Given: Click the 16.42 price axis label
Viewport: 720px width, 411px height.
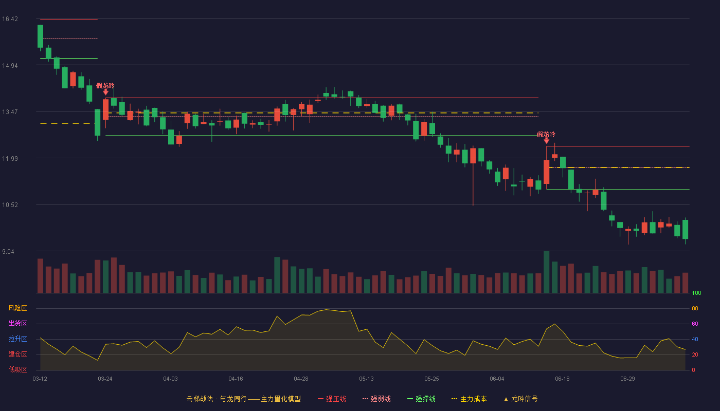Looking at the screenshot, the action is [10, 19].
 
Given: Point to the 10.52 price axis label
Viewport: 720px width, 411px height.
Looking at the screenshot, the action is [10, 205].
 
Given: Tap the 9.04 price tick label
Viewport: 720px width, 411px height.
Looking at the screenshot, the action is [8, 251].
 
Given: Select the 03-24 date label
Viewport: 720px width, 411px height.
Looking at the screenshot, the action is [105, 379].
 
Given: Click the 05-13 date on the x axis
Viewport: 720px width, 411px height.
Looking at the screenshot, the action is [366, 379].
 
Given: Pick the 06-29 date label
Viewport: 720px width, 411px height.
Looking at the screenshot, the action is [627, 379].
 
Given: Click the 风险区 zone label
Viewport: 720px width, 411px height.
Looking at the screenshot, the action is [17, 308].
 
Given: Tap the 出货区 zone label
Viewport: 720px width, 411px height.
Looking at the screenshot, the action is [17, 323].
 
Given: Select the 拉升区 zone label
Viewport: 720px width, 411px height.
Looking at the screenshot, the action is [17, 339].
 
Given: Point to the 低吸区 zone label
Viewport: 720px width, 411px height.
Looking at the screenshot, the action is [17, 369].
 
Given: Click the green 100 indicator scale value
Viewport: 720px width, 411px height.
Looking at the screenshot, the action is [696, 293].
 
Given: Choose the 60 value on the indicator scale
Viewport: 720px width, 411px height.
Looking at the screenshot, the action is [695, 324].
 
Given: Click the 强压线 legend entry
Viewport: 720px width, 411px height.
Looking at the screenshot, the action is [332, 399].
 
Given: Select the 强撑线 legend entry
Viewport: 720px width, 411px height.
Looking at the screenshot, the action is [421, 399].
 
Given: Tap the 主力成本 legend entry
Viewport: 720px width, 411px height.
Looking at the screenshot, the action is [469, 399].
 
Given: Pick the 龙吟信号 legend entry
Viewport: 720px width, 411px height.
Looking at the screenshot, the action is [520, 399].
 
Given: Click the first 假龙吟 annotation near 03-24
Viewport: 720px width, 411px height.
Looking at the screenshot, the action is [105, 86].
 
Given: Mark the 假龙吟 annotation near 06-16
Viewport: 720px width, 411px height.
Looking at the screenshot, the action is [546, 135].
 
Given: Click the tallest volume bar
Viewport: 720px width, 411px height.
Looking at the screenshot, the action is [546, 272].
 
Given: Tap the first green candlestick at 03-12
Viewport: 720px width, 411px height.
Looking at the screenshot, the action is [40, 36].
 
